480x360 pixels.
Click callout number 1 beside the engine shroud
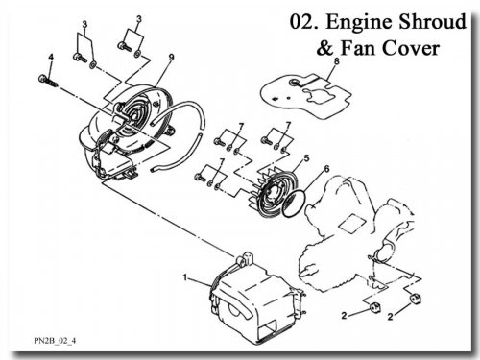pyautogui.click(x=184, y=276)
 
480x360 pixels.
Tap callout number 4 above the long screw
pyautogui.click(x=51, y=58)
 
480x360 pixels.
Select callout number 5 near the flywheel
pyautogui.click(x=306, y=158)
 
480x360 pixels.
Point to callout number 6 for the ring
pyautogui.click(x=326, y=169)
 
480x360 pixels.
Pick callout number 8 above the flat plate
pyautogui.click(x=336, y=60)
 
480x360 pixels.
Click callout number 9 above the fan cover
pyautogui.click(x=172, y=58)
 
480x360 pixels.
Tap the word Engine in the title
pyautogui.click(x=358, y=23)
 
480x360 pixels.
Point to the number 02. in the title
pyautogui.click(x=304, y=22)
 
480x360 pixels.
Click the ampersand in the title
pyautogui.click(x=325, y=48)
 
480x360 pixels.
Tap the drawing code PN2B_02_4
pyautogui.click(x=55, y=341)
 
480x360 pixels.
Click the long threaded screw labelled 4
pyautogui.click(x=49, y=81)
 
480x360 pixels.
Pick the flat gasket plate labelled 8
pyautogui.click(x=304, y=96)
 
